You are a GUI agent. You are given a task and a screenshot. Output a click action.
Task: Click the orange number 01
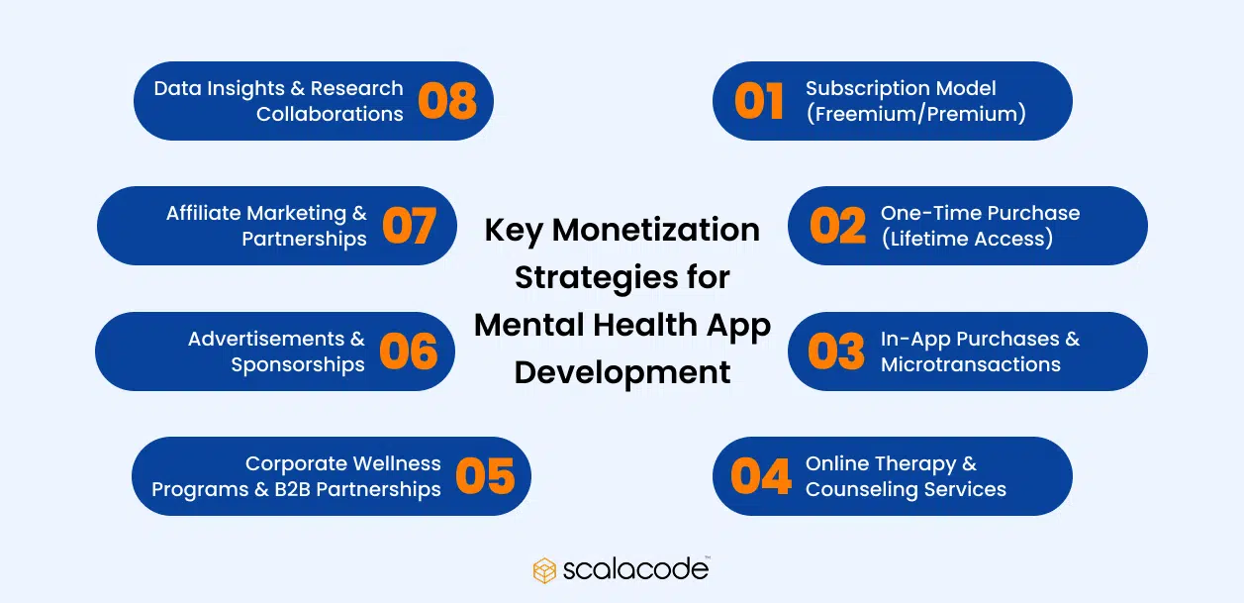(x=759, y=101)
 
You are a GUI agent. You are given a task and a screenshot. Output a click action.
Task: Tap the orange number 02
(x=837, y=226)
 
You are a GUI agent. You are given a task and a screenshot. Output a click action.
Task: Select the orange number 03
(x=836, y=352)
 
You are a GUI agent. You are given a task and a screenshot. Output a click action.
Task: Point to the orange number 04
(x=761, y=476)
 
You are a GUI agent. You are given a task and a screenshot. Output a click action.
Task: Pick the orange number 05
(x=485, y=476)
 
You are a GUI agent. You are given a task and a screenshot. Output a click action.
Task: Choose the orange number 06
(x=408, y=352)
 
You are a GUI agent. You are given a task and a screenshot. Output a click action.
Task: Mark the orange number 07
(x=409, y=226)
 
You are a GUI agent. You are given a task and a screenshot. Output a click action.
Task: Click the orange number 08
(x=447, y=101)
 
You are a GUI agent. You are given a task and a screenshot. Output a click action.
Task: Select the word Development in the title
(x=622, y=372)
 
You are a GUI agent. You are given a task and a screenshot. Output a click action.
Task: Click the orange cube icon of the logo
(x=544, y=570)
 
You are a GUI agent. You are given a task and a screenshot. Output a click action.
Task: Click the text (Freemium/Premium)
(x=915, y=114)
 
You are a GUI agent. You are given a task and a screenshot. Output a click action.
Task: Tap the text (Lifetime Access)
(x=967, y=239)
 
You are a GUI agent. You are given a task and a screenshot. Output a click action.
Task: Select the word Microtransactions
(x=970, y=364)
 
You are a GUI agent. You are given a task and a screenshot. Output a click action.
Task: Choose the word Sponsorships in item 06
(x=298, y=364)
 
